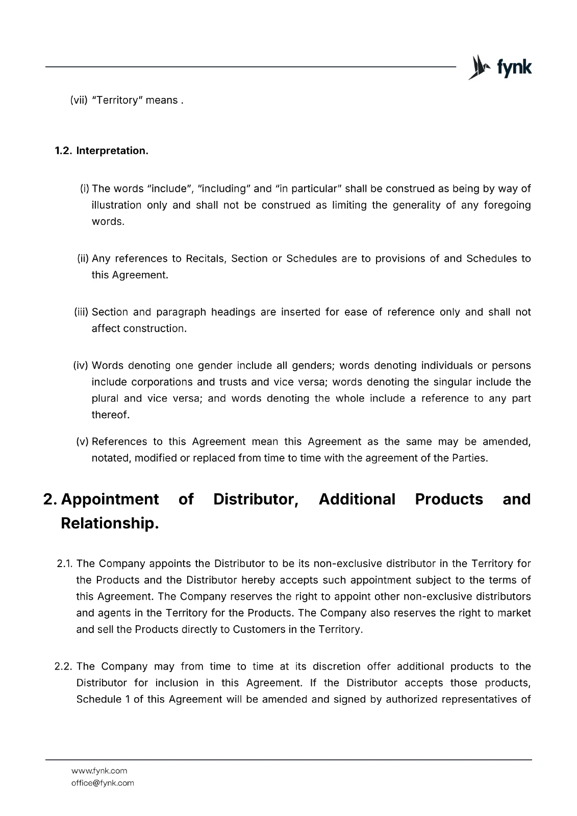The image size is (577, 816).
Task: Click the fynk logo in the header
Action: pyautogui.click(x=500, y=67)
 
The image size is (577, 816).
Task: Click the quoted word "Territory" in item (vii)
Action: pyautogui.click(x=117, y=100)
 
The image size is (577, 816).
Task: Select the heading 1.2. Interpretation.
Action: pyautogui.click(x=102, y=151)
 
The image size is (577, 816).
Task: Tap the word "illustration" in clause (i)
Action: pyautogui.click(x=116, y=205)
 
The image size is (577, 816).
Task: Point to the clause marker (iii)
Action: pyautogui.click(x=82, y=312)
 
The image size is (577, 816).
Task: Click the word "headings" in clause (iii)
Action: pyautogui.click(x=233, y=312)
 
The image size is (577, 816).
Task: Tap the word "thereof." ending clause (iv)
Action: pyautogui.click(x=110, y=415)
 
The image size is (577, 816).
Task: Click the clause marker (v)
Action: pyautogui.click(x=83, y=442)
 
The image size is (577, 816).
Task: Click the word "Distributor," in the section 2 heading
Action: pyautogui.click(x=256, y=499)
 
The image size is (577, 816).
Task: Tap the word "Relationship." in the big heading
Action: pyautogui.click(x=110, y=523)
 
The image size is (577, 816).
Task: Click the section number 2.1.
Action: pyautogui.click(x=65, y=564)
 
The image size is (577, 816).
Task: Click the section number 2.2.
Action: pyautogui.click(x=64, y=667)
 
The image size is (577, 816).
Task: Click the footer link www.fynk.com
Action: pyautogui.click(x=99, y=771)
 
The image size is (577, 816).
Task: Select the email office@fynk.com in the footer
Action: pyautogui.click(x=103, y=783)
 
